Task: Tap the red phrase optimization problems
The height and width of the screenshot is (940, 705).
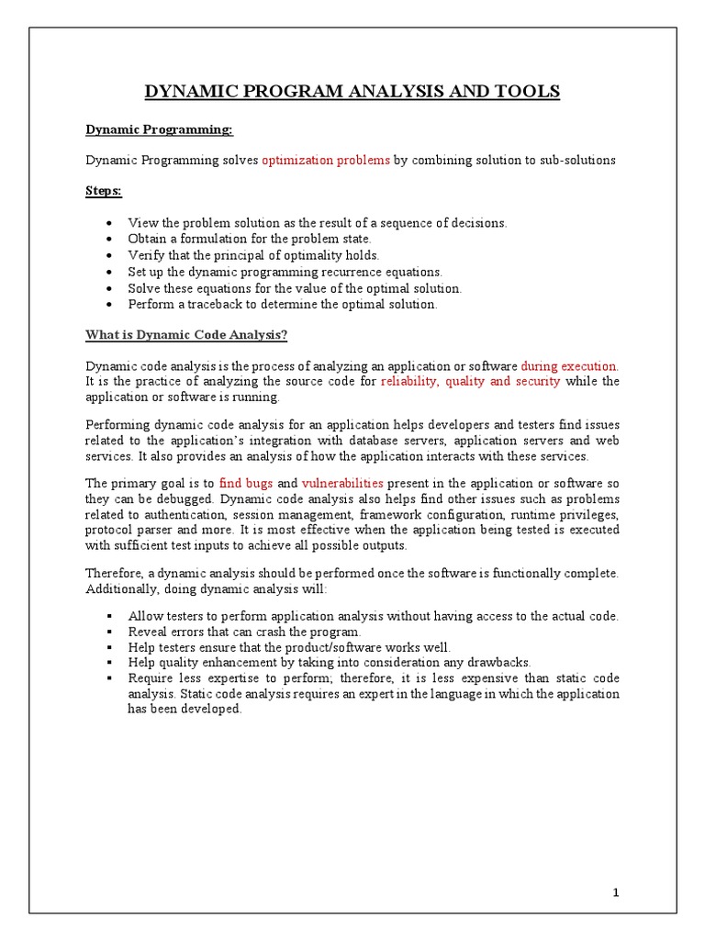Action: pyautogui.click(x=326, y=160)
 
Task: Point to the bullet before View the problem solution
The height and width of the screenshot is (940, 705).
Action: pyautogui.click(x=109, y=223)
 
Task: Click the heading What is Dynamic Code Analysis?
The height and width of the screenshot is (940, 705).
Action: pyautogui.click(x=186, y=335)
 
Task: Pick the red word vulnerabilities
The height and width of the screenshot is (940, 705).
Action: pyautogui.click(x=342, y=482)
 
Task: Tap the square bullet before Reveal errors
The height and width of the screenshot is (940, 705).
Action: pyautogui.click(x=109, y=632)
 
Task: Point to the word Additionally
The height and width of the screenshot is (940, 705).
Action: pyautogui.click(x=120, y=588)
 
